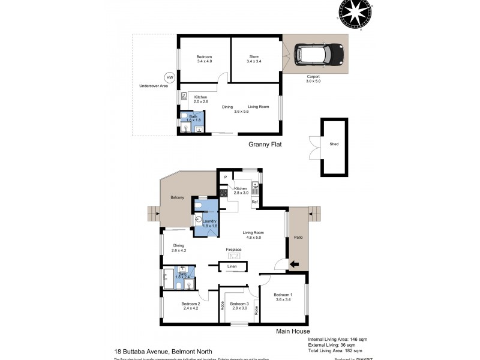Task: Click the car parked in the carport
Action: (x=319, y=56)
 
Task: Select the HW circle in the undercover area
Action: (x=169, y=77)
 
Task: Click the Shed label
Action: (x=334, y=145)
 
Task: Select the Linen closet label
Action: (x=232, y=266)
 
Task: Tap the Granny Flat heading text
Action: (x=265, y=145)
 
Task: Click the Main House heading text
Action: (x=292, y=331)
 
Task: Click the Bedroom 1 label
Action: (x=283, y=295)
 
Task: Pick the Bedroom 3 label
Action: (x=239, y=304)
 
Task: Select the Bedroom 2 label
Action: (x=190, y=304)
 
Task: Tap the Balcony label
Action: (x=177, y=197)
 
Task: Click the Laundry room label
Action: (x=209, y=221)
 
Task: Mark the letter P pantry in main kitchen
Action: (x=226, y=177)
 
